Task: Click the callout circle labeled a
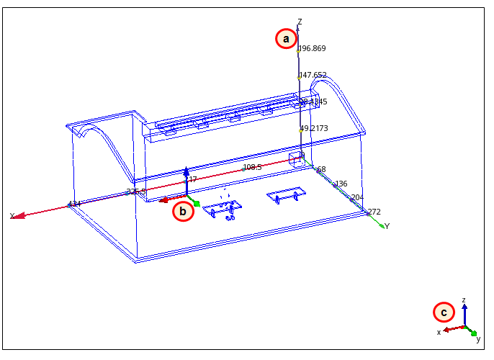tap(286, 38)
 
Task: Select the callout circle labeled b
tap(183, 211)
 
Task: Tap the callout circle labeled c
tap(444, 312)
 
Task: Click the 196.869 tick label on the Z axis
tap(313, 49)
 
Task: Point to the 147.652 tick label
tap(313, 75)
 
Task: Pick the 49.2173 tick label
tap(314, 129)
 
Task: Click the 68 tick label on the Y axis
tap(321, 170)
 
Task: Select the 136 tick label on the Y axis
tap(341, 184)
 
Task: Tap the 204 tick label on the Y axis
tap(357, 197)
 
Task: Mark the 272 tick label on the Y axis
tap(374, 212)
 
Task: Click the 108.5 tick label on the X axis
tap(252, 167)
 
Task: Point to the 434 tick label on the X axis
tap(74, 204)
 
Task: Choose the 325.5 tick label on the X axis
tap(136, 192)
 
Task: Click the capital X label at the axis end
tap(12, 216)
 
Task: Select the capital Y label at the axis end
tap(387, 226)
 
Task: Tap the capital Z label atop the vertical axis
tap(300, 22)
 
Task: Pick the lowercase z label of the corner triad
tap(464, 300)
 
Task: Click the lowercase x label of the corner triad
tap(439, 332)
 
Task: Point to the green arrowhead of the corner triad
tap(473, 333)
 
